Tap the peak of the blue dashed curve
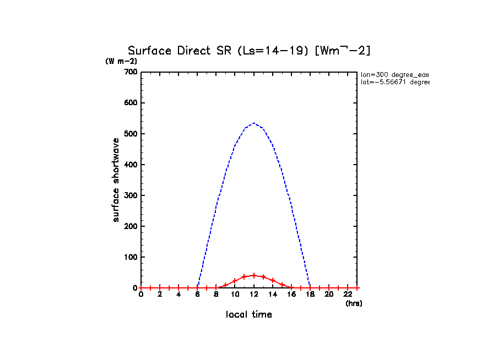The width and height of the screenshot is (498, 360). [x=253, y=123]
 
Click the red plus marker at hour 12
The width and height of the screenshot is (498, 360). [x=254, y=275]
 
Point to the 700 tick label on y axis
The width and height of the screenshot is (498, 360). [x=131, y=72]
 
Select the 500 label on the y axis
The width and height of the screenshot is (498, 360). [x=131, y=134]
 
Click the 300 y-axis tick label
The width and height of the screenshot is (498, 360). [x=131, y=195]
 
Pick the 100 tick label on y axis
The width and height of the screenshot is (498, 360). [x=131, y=257]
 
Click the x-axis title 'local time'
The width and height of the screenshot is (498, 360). [x=249, y=315]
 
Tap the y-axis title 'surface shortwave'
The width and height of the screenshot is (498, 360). [x=116, y=180]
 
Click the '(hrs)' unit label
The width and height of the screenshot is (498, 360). [x=354, y=303]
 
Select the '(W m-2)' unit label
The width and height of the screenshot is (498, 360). [x=121, y=61]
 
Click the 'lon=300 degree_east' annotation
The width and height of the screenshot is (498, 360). [x=394, y=74]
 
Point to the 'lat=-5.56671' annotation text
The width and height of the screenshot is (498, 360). [x=394, y=82]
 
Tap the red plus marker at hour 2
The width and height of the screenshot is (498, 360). [x=160, y=288]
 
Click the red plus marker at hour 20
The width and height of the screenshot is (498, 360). [x=329, y=288]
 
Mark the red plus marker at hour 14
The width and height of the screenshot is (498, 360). [x=273, y=280]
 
